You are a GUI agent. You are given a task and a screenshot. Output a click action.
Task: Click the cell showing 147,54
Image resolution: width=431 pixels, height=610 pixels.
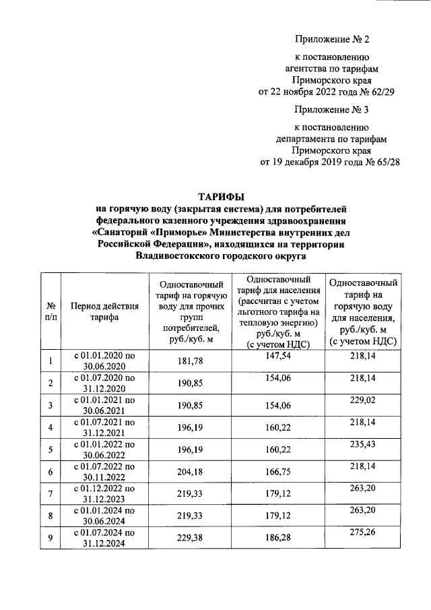coord(277,357)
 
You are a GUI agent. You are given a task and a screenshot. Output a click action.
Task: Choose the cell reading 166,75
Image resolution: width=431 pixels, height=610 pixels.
coord(277,472)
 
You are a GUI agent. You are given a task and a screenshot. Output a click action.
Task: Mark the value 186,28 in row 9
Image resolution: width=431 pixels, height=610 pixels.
coord(277,537)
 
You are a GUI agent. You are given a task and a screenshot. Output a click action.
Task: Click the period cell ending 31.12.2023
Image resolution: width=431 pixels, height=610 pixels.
coord(104,493)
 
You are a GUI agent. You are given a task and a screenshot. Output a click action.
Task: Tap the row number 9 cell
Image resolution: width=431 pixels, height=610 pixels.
coord(50,537)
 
